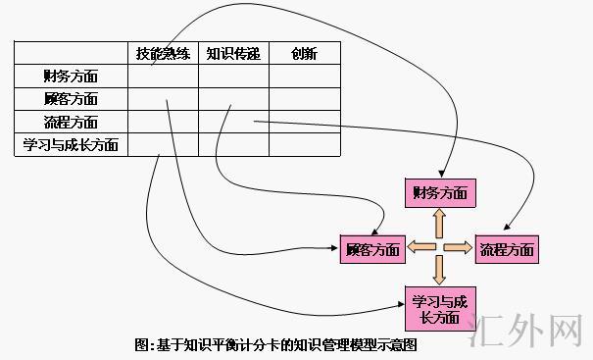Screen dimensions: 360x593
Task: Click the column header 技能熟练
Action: [x=163, y=54]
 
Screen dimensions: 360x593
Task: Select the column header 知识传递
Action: [x=233, y=54]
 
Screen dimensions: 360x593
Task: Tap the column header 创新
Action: [x=304, y=54]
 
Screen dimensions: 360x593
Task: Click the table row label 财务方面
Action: [x=71, y=77]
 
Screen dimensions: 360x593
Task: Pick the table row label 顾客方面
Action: [x=71, y=99]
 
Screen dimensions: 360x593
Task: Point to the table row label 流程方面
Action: [x=71, y=123]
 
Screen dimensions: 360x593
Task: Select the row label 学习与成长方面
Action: [x=71, y=145]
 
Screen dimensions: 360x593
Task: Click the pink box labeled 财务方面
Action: [x=440, y=192]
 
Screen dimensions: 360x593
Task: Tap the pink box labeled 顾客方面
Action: [x=372, y=249]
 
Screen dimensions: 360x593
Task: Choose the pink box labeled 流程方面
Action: [x=507, y=249]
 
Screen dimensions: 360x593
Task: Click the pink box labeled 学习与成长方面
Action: [x=440, y=307]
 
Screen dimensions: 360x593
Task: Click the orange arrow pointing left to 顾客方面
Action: [x=419, y=247]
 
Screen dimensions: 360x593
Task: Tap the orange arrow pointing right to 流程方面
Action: [x=461, y=247]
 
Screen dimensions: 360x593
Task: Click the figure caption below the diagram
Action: [x=275, y=345]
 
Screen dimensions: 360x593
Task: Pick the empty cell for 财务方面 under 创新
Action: [x=304, y=77]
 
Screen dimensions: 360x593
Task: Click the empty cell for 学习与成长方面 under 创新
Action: [x=304, y=145]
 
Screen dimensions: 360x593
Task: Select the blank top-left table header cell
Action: [x=71, y=54]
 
